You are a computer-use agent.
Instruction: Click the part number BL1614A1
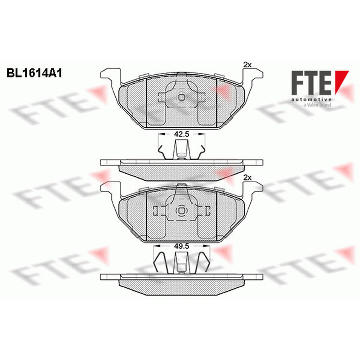click(x=35, y=73)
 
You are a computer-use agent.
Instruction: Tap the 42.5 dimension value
click(x=182, y=134)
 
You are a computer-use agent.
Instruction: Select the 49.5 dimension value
click(x=182, y=246)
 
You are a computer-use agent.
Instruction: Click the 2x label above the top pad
click(x=247, y=65)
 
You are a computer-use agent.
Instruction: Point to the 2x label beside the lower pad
click(x=247, y=177)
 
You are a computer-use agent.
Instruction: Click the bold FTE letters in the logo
click(x=311, y=83)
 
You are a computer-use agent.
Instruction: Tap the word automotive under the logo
click(x=311, y=99)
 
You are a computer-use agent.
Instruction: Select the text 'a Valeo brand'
click(x=317, y=105)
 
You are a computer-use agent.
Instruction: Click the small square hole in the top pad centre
click(x=182, y=98)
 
